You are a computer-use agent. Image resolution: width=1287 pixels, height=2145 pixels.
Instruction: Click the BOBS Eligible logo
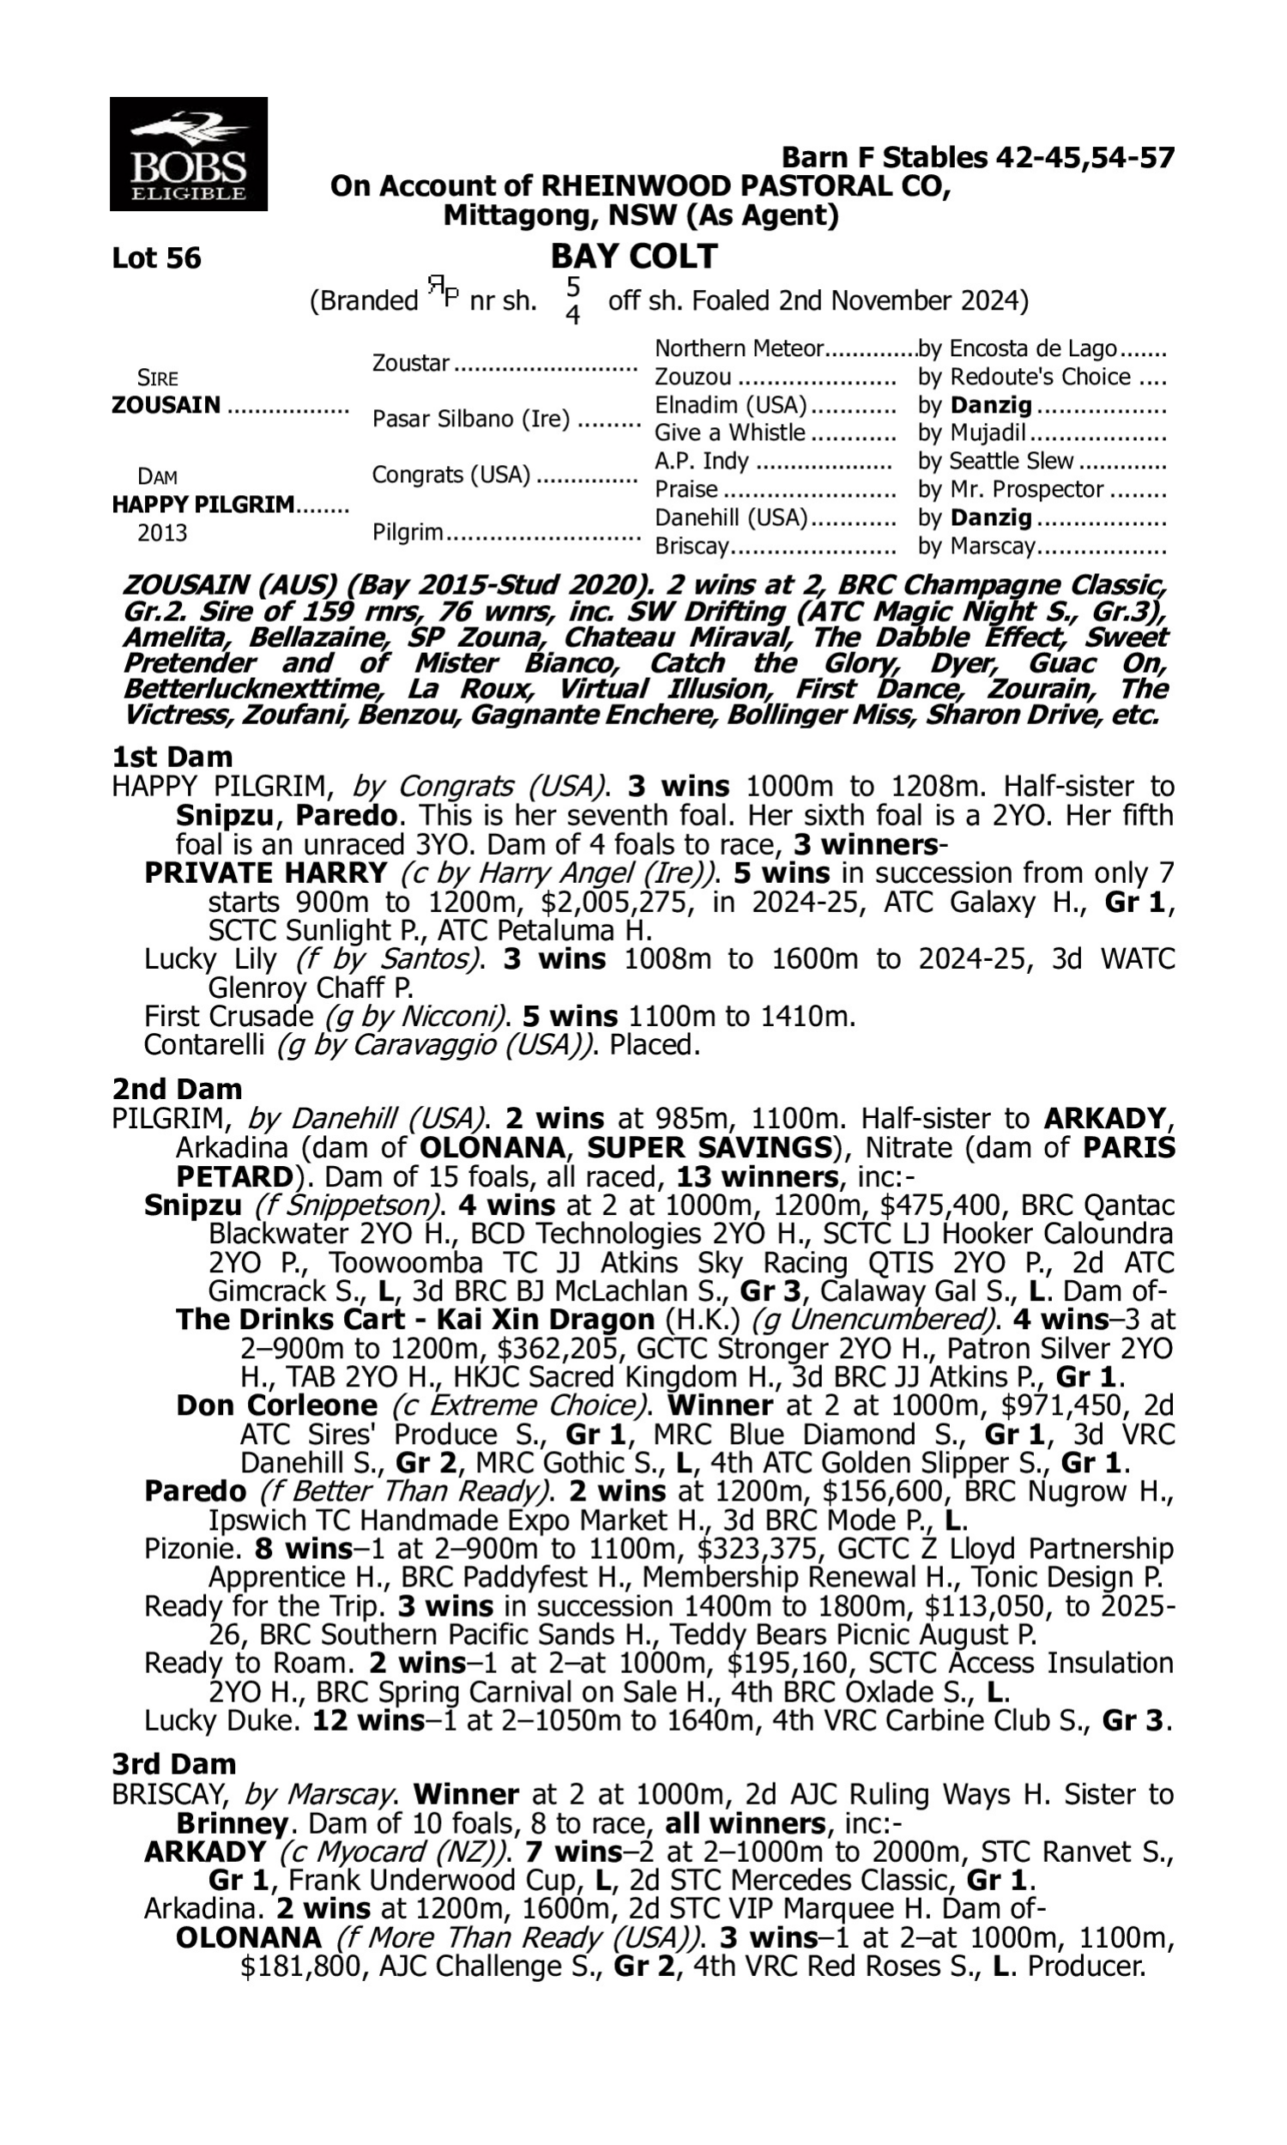pos(188,154)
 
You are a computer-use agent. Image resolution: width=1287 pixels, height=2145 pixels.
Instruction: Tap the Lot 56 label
pos(156,257)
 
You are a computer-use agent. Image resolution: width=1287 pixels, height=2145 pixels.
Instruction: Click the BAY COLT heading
pos(634,256)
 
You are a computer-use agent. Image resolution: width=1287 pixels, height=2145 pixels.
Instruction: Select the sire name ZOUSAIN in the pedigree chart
pos(166,405)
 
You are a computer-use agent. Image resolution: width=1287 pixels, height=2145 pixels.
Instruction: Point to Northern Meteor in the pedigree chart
pos(738,348)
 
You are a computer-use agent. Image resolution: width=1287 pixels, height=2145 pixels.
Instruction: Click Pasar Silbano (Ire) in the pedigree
pos(471,419)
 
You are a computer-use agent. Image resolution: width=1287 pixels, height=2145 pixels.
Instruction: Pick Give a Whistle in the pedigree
pos(729,432)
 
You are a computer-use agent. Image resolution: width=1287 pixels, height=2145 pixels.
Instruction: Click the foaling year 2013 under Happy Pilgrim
pos(162,532)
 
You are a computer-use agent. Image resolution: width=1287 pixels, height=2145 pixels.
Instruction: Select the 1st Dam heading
pos(172,757)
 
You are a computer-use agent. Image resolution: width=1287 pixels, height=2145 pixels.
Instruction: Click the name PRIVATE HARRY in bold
pos(265,873)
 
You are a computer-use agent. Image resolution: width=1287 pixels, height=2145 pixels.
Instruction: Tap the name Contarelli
pos(204,1045)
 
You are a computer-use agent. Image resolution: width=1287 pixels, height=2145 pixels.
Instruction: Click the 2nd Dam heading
pos(177,1089)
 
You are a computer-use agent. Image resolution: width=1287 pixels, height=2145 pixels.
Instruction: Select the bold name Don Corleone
pos(276,1405)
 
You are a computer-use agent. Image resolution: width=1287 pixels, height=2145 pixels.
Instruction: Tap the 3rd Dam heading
pos(174,1763)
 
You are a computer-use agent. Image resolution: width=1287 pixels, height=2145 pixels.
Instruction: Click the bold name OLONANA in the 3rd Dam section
pos(248,1937)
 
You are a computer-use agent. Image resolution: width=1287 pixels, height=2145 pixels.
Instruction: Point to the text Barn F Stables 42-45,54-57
pos(977,158)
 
